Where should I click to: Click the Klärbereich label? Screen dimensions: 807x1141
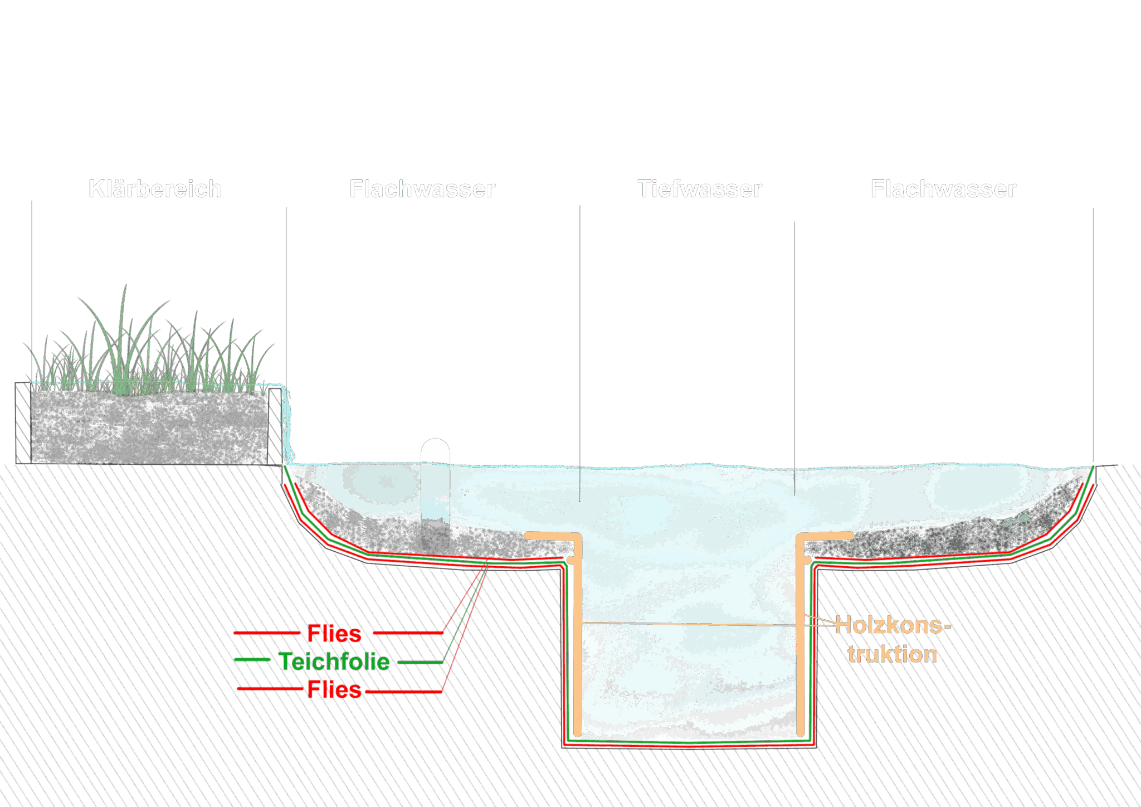coord(155,189)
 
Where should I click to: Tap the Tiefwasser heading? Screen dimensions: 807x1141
coord(699,189)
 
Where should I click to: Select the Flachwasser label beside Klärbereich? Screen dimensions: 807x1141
coord(422,189)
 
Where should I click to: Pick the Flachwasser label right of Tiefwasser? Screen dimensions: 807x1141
coord(943,189)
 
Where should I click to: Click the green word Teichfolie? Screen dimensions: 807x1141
coord(334,662)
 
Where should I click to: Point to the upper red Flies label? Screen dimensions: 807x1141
coord(334,633)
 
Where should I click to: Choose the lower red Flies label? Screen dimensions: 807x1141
coord(334,690)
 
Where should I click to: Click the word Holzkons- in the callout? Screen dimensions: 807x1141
coord(893,625)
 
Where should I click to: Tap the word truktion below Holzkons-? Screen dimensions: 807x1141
coord(893,654)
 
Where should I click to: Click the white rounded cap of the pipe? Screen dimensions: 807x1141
coord(435,450)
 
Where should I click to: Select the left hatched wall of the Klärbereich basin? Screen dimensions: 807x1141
coord(23,422)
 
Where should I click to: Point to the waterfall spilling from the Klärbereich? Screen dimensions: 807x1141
coord(287,429)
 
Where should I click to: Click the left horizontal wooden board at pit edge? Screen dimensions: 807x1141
coord(549,536)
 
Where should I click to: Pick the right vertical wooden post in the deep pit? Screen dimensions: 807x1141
coord(800,641)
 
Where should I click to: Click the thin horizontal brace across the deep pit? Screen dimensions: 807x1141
coord(691,624)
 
